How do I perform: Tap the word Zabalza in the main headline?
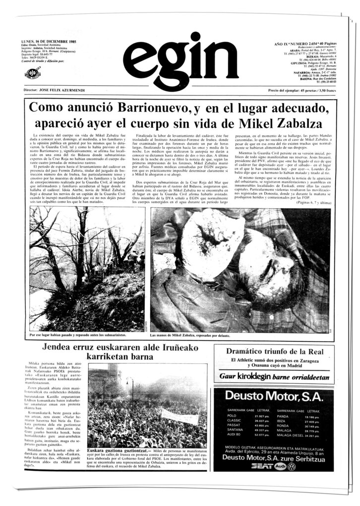pos(293,123)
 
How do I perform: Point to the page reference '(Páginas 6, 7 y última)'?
pos(314,203)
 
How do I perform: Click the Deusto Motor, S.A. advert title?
pos(273,396)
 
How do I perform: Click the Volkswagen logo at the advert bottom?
pos(292,466)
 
